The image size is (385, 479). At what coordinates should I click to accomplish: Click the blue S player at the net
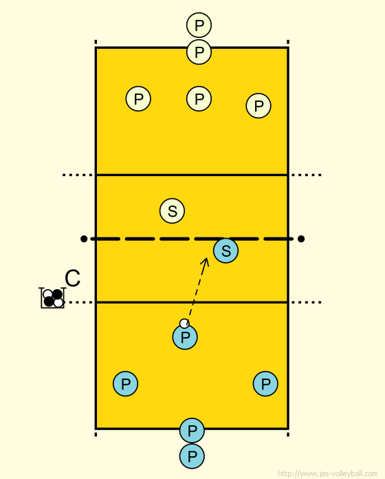pos(225,251)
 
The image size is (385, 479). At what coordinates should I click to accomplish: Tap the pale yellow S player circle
pos(173,211)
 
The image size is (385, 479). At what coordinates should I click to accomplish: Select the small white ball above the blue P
pos(184,323)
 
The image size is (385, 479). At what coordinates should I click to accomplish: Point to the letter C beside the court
pos(73,278)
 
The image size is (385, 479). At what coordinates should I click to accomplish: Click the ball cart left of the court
pos(53,298)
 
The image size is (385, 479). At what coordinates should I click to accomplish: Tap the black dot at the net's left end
pos(84,239)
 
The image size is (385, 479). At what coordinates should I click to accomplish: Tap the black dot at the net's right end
pos(301,239)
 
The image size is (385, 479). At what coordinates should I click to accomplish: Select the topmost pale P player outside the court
pos(199,25)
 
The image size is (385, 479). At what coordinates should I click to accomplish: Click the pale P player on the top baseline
pos(199,52)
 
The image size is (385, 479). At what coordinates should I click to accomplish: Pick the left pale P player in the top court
pos(138,98)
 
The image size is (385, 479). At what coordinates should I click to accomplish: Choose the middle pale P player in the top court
pos(199,98)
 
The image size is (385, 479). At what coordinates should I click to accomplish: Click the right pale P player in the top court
pos(258,106)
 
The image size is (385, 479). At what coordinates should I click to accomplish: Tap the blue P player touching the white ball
pos(185,337)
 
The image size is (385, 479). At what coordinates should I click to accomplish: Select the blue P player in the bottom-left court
pos(125,384)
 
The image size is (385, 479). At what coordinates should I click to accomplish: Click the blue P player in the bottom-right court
pos(265,384)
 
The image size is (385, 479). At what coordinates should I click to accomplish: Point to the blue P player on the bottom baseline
pos(192,430)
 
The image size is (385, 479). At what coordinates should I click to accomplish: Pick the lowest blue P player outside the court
pos(192,456)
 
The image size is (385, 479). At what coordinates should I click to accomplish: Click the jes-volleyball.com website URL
pos(328,473)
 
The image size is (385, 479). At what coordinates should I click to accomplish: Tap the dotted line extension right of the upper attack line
pos(307,175)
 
